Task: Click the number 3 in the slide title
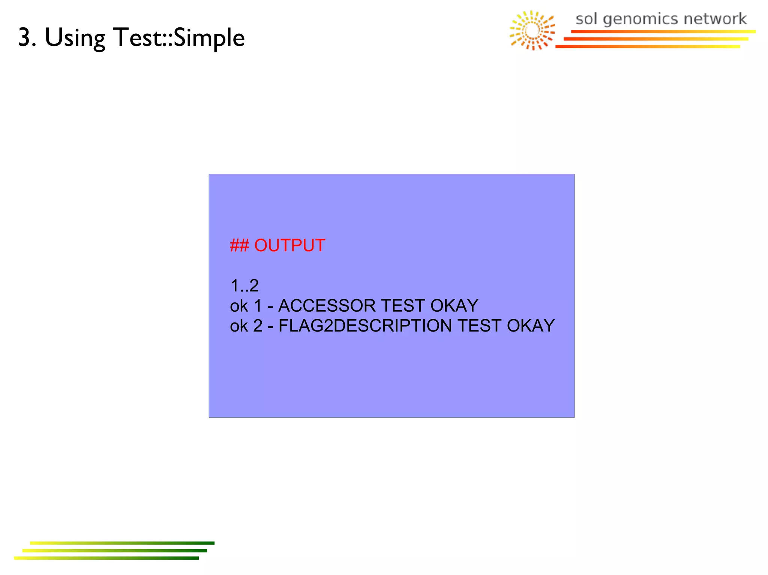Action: (x=25, y=37)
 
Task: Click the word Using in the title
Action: (x=75, y=38)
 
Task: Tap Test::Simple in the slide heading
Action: (x=179, y=38)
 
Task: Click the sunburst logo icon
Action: (x=532, y=30)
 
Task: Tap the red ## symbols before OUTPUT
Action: (x=239, y=246)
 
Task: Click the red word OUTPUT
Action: (x=289, y=246)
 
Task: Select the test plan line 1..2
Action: (x=244, y=286)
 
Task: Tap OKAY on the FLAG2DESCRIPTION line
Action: (x=530, y=326)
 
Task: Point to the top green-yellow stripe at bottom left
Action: (x=122, y=543)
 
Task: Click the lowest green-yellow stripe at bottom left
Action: (x=106, y=558)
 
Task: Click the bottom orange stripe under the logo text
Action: (x=648, y=46)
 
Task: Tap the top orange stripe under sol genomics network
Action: (x=663, y=31)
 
